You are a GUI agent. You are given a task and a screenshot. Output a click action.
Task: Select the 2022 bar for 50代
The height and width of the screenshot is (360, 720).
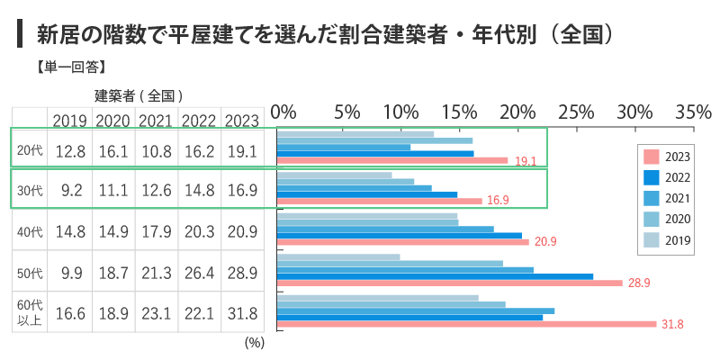(x=436, y=276)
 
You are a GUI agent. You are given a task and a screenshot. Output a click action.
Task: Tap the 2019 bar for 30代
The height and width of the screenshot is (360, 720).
(x=335, y=175)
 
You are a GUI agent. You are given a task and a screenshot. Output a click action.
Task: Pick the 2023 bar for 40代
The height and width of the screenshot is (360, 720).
(x=403, y=241)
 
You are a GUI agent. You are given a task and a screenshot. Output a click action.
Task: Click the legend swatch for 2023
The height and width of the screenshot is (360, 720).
(x=652, y=155)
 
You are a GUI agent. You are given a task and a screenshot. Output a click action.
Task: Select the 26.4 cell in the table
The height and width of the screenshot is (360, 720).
(x=199, y=273)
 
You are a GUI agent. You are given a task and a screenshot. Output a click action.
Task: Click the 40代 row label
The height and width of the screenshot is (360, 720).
(x=30, y=232)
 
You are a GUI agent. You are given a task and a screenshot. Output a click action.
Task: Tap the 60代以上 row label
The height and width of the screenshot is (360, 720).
(x=30, y=313)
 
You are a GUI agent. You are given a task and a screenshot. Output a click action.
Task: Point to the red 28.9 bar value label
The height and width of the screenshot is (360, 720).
(x=639, y=283)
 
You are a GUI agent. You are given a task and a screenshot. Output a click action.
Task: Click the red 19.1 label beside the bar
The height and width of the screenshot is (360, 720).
(x=526, y=161)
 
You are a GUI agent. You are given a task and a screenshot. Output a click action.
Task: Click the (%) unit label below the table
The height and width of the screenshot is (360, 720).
(x=253, y=342)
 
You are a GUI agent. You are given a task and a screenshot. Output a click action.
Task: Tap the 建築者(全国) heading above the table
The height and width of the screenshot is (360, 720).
(x=139, y=94)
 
